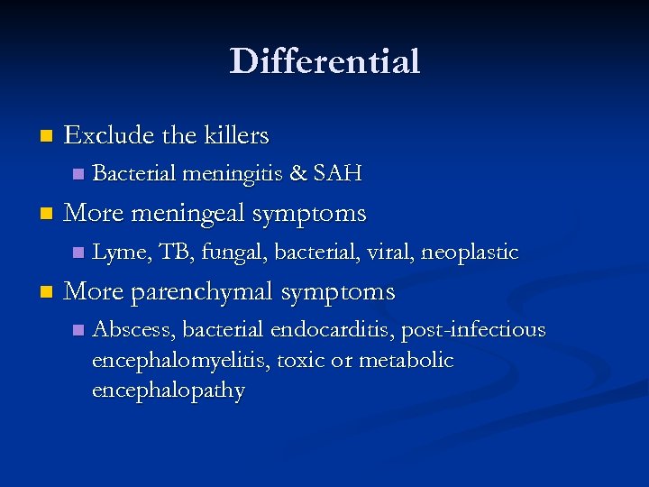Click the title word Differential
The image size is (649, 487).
pos(324,61)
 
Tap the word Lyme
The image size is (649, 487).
pos(121,253)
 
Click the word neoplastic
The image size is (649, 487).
pos(470,253)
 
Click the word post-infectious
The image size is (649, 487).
pos(473,330)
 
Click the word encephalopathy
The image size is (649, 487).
pos(168,391)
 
